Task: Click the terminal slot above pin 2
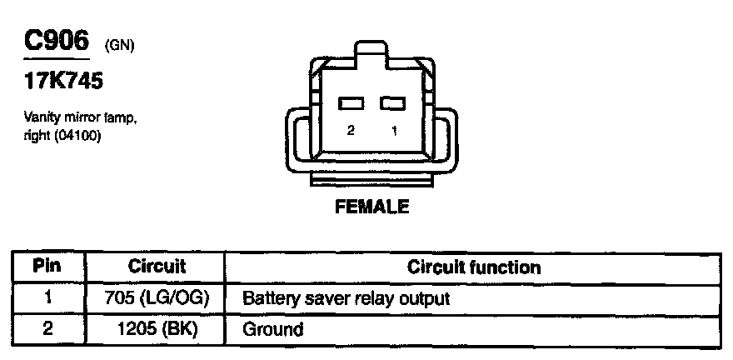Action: [x=352, y=103]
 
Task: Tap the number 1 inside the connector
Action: [x=393, y=131]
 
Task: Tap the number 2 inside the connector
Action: [x=351, y=131]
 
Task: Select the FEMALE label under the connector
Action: [x=371, y=207]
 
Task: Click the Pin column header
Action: [x=47, y=267]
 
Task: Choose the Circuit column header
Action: [x=156, y=267]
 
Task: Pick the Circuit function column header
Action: [x=473, y=267]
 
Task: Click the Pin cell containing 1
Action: [x=47, y=297]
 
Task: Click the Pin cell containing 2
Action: [x=47, y=328]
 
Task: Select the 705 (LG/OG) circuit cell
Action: [x=156, y=297]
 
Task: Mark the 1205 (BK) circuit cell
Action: [x=156, y=328]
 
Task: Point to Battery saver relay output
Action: [x=346, y=297]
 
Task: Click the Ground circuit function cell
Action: [x=272, y=329]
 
